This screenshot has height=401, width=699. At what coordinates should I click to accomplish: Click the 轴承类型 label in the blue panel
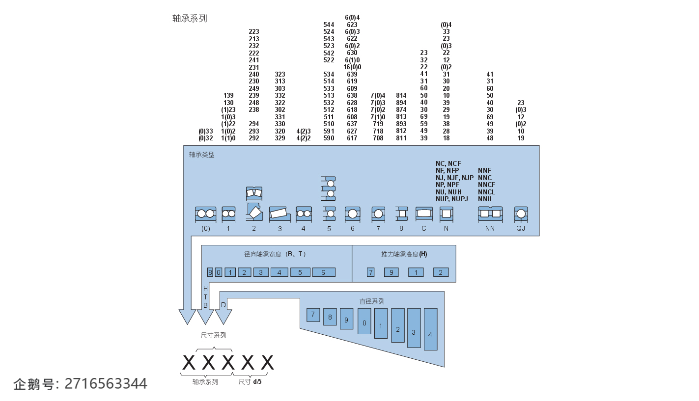click(202, 155)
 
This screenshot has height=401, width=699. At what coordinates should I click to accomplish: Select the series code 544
click(329, 25)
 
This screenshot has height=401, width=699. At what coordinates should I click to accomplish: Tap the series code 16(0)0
click(352, 67)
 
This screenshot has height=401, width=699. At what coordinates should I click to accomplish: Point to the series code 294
click(254, 124)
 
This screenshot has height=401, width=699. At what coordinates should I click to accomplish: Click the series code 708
click(378, 138)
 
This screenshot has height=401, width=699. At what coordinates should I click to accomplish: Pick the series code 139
click(228, 96)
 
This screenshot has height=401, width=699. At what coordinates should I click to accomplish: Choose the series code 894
click(401, 103)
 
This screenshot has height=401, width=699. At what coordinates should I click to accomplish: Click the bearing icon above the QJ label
click(521, 214)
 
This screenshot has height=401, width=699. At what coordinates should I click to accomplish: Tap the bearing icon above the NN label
click(490, 214)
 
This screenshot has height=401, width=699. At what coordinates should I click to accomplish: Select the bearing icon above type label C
click(424, 214)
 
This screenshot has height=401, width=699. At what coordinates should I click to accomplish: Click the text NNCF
click(487, 185)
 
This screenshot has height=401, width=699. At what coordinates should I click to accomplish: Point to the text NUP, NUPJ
click(452, 199)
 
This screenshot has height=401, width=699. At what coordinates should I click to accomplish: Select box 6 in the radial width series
click(323, 272)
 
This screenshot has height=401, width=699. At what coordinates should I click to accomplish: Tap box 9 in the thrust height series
click(391, 272)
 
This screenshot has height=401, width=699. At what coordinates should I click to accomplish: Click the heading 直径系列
click(372, 301)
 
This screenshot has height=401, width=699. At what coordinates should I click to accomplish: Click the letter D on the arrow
click(224, 305)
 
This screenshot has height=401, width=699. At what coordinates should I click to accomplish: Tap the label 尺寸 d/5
click(251, 381)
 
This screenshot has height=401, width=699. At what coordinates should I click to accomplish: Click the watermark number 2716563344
click(106, 383)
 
